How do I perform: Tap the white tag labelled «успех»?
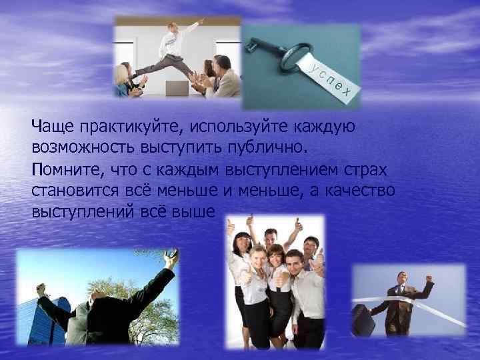click(333, 78)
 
